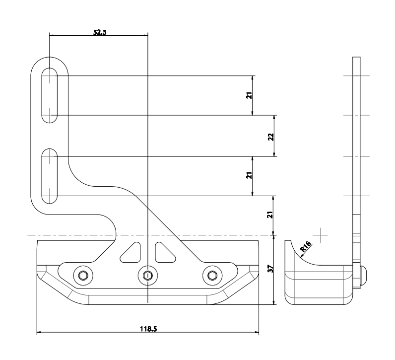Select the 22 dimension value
pos(270,136)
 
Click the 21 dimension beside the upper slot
pos(250,95)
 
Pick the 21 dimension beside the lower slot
pos(250,175)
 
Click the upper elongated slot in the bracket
pos(50,95)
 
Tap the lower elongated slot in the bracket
pos(50,176)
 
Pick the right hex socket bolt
pos(212,275)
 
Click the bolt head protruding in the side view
pos(364,274)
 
